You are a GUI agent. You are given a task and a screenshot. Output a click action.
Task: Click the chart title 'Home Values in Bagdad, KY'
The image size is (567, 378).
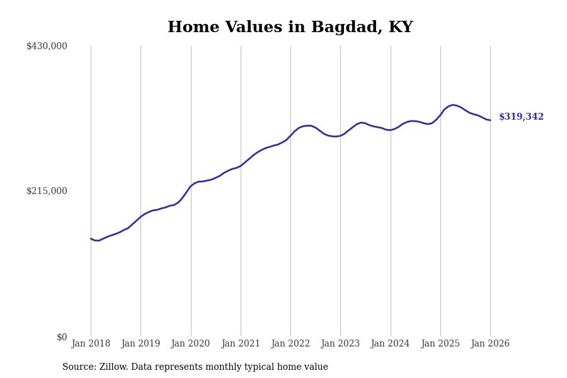pos(290,28)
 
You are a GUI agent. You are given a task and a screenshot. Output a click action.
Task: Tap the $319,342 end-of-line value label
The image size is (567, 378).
pos(521,117)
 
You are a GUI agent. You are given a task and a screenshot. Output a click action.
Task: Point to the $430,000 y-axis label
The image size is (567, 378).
pos(47,46)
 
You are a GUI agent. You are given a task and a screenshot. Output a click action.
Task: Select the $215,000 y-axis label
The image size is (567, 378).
pos(47,191)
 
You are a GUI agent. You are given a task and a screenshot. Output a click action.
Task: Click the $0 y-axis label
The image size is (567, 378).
pos(61,337)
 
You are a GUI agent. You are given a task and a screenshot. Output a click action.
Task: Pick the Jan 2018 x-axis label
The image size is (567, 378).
pos(91,344)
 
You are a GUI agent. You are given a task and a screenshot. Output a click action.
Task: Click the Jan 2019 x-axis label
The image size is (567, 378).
pos(140,344)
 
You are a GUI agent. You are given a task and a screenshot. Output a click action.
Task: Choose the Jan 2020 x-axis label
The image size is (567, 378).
pos(190,344)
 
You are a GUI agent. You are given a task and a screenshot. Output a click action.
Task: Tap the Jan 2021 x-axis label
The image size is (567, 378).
pos(241,344)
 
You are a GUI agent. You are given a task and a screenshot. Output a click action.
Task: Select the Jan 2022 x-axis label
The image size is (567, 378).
pos(290,344)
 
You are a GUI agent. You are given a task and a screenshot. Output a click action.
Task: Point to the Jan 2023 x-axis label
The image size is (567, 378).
pos(340,344)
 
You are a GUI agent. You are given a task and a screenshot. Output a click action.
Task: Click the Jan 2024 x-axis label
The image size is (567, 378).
pos(390,344)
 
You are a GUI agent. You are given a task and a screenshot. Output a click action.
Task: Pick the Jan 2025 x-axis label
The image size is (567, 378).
pos(440,344)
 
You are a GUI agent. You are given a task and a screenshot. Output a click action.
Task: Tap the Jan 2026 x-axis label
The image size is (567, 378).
pos(490,344)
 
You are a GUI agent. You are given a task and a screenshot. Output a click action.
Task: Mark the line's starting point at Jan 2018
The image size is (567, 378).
pos(91,239)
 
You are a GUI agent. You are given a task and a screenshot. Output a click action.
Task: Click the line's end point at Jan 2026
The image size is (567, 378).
pos(490,120)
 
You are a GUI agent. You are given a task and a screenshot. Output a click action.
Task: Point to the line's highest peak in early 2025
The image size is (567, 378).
pos(452,105)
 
